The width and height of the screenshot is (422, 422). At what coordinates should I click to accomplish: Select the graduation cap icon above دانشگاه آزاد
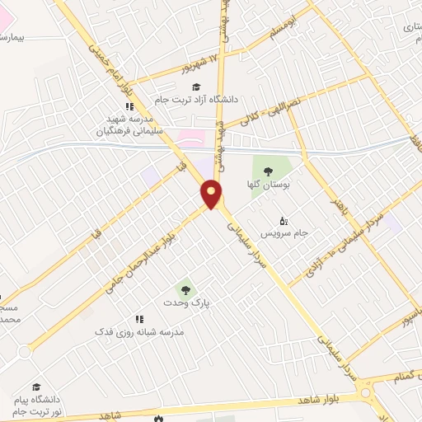tap(195, 87)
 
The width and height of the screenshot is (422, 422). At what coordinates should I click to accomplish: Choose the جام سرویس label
tap(291, 233)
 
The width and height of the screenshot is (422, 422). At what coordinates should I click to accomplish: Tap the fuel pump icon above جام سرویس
tap(284, 220)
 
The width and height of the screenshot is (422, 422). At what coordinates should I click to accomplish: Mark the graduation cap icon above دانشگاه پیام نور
tap(36, 386)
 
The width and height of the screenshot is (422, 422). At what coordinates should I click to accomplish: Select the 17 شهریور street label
tap(201, 64)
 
